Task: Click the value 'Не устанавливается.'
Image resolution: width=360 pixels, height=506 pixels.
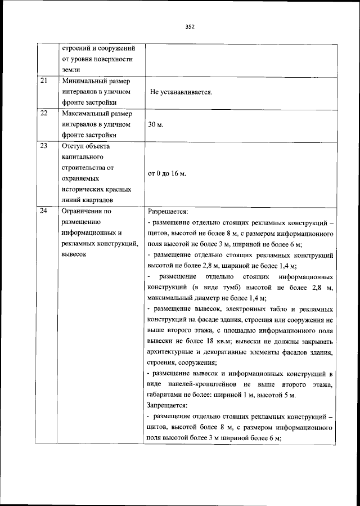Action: pos(181,92)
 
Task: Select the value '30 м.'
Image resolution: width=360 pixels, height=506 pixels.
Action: pos(156,124)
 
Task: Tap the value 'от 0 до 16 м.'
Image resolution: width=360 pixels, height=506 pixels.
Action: pos(166,173)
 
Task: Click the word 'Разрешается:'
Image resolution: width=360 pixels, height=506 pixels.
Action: pos(168,212)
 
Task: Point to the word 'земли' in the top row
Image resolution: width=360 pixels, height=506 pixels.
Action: pos(71,69)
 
